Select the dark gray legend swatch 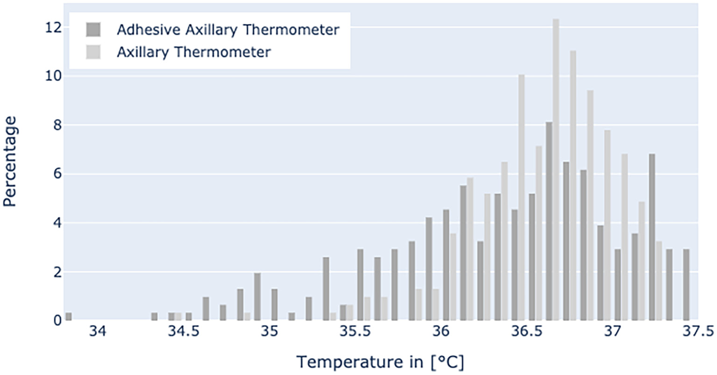(x=93, y=30)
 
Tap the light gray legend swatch (x=93, y=52)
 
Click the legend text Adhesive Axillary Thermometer (x=228, y=30)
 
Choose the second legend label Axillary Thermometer (x=193, y=52)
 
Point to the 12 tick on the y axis (x=53, y=28)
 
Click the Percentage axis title (x=10, y=161)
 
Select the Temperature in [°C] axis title (x=380, y=361)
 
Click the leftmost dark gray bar (x=69, y=317)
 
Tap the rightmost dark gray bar (x=686, y=285)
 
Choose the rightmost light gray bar (x=659, y=281)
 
